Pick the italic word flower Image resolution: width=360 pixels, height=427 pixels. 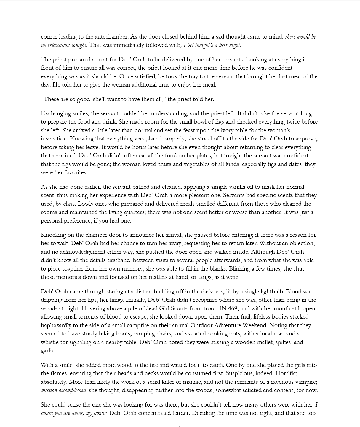click(x=100, y=413)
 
